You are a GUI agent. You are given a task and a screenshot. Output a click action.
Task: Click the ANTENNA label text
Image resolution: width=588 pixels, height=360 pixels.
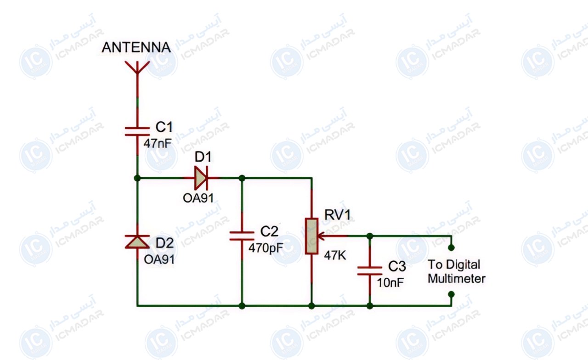[136, 47]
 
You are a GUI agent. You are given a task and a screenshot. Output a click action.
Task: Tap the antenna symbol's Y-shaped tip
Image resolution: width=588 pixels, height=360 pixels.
[137, 67]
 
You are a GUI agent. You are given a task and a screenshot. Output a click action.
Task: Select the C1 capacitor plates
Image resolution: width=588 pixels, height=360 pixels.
[137, 131]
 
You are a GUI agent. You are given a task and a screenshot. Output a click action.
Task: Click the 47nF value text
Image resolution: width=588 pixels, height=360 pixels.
[158, 144]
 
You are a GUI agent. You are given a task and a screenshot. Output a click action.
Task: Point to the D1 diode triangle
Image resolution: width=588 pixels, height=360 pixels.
[201, 178]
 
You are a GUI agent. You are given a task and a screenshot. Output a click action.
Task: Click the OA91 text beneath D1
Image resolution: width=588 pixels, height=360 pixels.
[198, 198]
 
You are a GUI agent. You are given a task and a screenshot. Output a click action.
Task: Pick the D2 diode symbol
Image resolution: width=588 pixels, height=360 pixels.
[137, 242]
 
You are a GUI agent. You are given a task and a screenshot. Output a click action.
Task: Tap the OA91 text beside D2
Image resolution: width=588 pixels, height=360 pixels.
[159, 259]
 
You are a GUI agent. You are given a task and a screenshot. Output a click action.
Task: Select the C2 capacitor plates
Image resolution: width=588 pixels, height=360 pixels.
[242, 236]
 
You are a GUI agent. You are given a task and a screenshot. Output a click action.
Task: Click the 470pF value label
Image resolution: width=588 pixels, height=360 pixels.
[266, 247]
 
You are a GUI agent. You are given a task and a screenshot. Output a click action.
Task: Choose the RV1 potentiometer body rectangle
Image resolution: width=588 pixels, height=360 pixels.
[311, 236]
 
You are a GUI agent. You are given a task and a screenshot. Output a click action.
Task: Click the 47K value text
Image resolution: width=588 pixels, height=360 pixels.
[335, 255]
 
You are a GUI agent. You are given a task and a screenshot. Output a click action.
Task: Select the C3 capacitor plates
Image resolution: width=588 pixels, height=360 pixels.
[370, 271]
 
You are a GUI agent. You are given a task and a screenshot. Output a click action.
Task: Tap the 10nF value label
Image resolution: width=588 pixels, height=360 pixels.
[390, 283]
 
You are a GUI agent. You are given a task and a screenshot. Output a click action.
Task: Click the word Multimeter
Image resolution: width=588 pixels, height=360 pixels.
[457, 278]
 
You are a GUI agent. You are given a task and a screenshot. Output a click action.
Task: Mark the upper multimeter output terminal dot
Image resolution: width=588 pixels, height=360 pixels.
[451, 247]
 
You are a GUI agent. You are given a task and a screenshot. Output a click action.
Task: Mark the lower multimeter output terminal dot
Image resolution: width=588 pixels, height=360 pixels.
[451, 294]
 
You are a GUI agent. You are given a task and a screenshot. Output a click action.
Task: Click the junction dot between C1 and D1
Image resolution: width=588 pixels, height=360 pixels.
[137, 178]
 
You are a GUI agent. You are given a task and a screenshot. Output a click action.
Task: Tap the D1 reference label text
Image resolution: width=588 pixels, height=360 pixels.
[203, 157]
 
